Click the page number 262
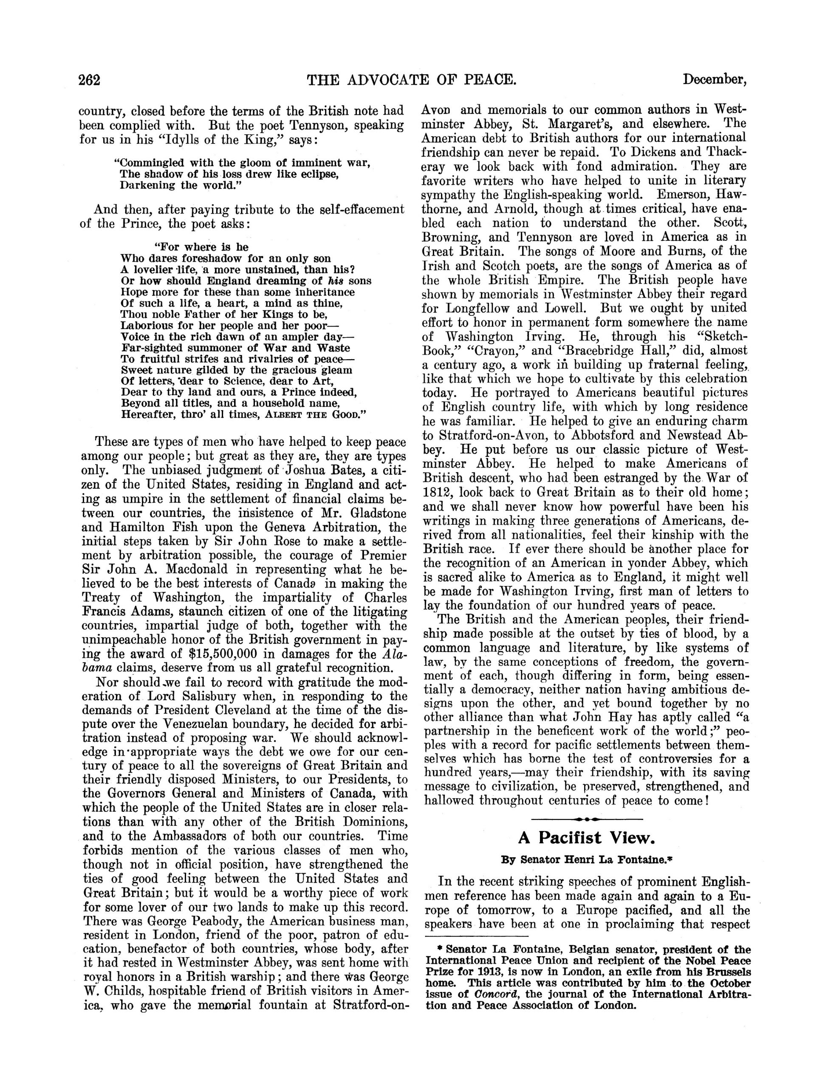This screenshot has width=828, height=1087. click(90, 80)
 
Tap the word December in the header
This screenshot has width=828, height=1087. click(715, 80)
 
